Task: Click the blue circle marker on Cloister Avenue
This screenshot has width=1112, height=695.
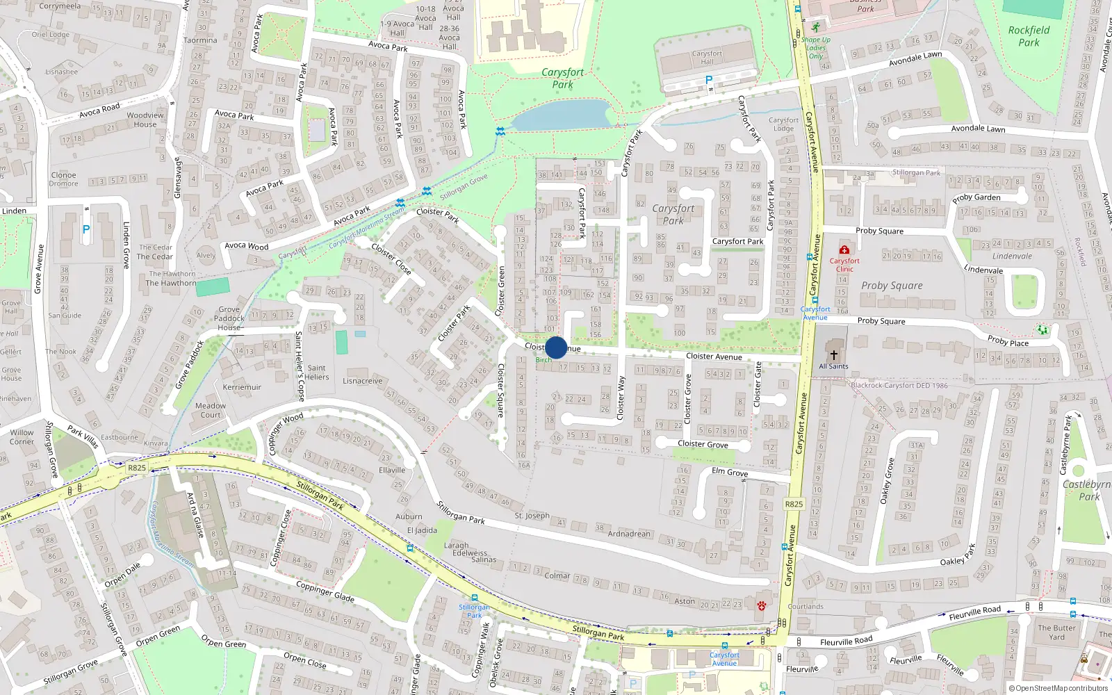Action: click(x=556, y=347)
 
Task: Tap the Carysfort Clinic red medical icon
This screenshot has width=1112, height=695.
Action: click(x=844, y=250)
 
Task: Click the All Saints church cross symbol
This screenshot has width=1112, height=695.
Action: click(x=833, y=354)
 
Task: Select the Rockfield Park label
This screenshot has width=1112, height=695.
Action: click(x=1029, y=36)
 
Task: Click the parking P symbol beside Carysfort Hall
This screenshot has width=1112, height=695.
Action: click(x=709, y=81)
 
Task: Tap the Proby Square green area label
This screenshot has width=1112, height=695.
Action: click(x=892, y=286)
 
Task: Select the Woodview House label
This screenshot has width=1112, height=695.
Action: click(x=145, y=120)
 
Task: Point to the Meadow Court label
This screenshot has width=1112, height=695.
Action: click(x=210, y=410)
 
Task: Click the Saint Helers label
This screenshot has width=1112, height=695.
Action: click(x=316, y=373)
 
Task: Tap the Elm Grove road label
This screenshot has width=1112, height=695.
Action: click(x=730, y=472)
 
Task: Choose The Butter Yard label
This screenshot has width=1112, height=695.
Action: click(x=1056, y=632)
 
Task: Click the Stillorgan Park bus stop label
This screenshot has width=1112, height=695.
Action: click(x=474, y=611)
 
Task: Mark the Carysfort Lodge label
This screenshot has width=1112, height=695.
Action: click(x=783, y=124)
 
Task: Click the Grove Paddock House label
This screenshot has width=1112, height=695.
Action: click(x=229, y=318)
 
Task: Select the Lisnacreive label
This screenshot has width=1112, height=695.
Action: click(x=362, y=381)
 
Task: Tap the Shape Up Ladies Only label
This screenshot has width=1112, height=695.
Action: click(x=815, y=47)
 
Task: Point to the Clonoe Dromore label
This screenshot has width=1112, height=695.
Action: click(x=63, y=179)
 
